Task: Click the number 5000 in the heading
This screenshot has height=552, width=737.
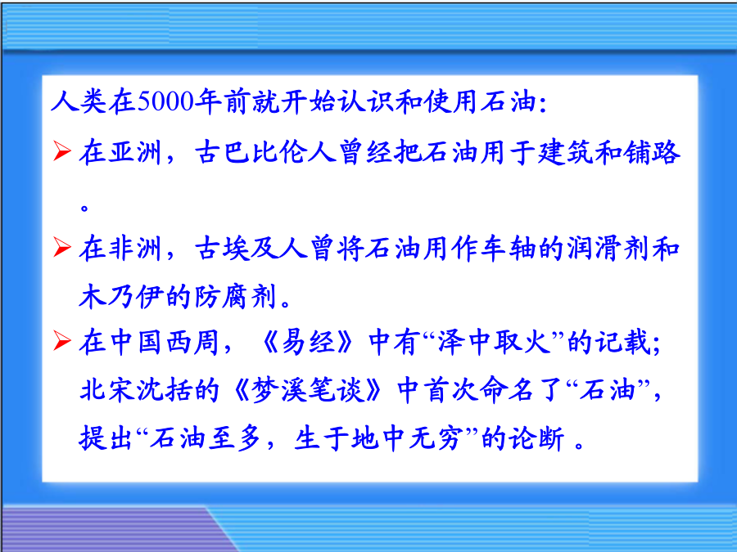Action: click(165, 101)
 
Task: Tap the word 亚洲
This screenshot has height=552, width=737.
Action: click(135, 153)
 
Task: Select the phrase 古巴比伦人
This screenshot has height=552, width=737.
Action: click(265, 153)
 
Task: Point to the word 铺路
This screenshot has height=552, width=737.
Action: click(652, 153)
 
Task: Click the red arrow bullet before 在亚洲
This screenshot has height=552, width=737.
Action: click(62, 150)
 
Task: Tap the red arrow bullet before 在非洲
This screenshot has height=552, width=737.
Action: click(62, 247)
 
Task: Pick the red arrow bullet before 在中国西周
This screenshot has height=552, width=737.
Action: click(62, 340)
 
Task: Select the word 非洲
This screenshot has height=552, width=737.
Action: click(135, 249)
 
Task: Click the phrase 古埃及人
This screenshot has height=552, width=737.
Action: click(251, 249)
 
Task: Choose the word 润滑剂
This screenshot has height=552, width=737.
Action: click(608, 249)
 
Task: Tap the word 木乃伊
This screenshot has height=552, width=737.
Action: click(121, 297)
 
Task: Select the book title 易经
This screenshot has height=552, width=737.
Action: click(309, 342)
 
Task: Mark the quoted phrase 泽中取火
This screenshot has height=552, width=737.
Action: click(494, 342)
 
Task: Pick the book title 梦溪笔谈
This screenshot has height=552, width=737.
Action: click(309, 389)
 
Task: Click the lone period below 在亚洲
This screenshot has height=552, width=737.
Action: click(84, 207)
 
